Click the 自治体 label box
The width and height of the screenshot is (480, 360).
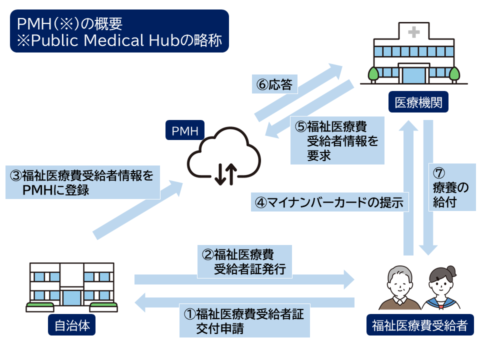tap(71, 325)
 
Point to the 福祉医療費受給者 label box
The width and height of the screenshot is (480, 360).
tap(419, 326)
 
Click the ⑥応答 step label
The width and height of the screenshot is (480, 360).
tap(274, 84)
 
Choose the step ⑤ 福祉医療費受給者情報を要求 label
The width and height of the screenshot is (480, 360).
tap(337, 141)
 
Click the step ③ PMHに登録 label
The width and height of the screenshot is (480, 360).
tap(83, 182)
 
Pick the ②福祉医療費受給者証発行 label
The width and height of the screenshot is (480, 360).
tap(244, 261)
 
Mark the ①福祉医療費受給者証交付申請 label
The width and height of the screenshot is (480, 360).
tap(244, 321)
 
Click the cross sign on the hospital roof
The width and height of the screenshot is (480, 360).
tap(413, 32)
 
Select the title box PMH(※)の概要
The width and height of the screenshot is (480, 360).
tap(119, 31)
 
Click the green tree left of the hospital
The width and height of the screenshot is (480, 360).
tap(373, 74)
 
